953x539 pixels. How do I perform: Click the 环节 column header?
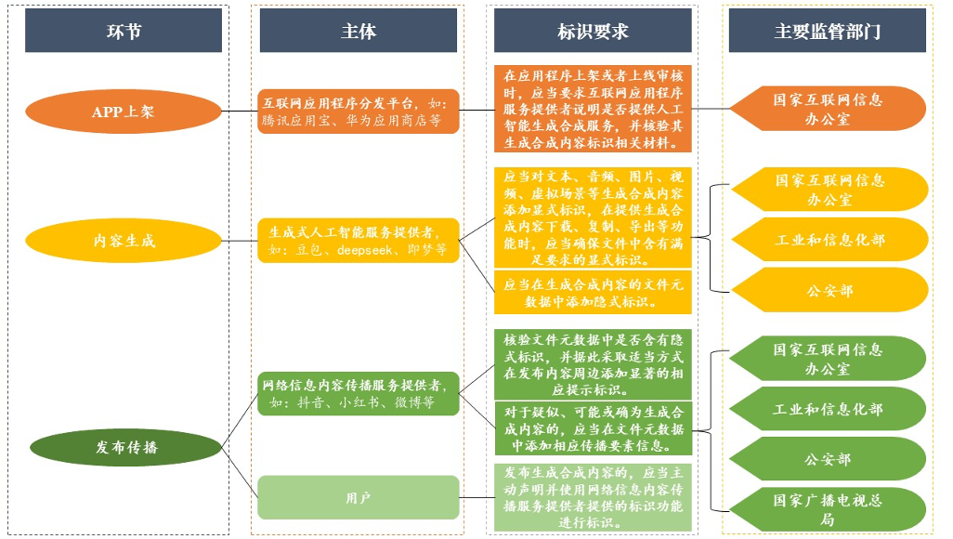pyautogui.click(x=124, y=32)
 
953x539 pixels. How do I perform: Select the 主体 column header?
pyautogui.click(x=359, y=32)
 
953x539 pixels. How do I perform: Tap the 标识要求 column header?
pyautogui.click(x=593, y=32)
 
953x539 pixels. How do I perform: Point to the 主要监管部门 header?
pyautogui.click(x=827, y=32)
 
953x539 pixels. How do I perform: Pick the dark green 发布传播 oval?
pyautogui.click(x=125, y=447)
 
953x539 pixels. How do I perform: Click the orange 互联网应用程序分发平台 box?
pyautogui.click(x=359, y=112)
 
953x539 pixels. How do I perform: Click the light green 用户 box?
pyautogui.click(x=359, y=497)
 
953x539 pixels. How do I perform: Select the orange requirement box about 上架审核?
pyautogui.click(x=593, y=109)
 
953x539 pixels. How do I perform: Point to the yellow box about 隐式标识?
pyautogui.click(x=593, y=293)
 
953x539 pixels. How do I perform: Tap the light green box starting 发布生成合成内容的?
pyautogui.click(x=593, y=497)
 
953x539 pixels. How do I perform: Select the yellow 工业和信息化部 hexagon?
pyautogui.click(x=829, y=240)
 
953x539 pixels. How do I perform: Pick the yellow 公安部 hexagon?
pyautogui.click(x=829, y=291)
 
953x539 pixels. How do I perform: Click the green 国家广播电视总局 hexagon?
pyautogui.click(x=829, y=509)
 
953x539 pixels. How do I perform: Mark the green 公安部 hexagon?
pyautogui.click(x=829, y=459)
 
